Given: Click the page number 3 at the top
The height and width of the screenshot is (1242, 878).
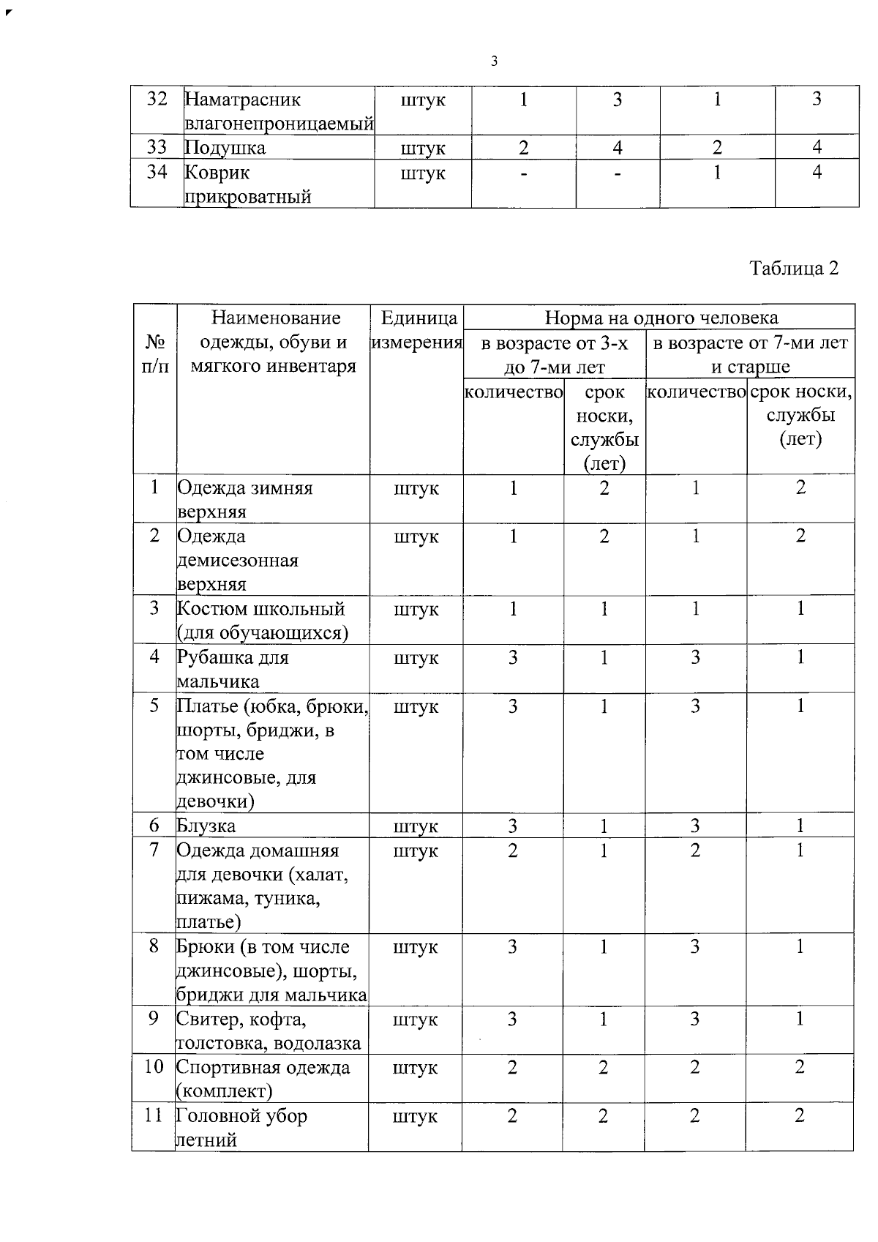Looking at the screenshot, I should click(495, 61).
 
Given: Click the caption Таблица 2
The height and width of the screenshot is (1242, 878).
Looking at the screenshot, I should click(794, 269).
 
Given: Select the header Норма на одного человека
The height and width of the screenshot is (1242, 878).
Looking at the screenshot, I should click(661, 318).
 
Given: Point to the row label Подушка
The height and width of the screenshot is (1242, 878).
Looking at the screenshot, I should click(225, 148).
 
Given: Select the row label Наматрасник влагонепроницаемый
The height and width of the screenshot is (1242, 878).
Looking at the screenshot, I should click(278, 111).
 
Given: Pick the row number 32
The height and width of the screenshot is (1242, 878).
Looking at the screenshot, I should click(157, 100).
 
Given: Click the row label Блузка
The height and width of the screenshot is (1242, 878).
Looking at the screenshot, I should click(206, 826).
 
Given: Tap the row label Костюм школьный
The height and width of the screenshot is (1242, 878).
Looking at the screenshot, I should click(262, 621).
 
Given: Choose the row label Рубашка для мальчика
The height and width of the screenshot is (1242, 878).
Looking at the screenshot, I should click(233, 669).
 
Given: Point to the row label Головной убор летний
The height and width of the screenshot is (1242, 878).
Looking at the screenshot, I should click(241, 1128).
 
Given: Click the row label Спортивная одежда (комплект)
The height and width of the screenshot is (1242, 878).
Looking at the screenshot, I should click(263, 1079).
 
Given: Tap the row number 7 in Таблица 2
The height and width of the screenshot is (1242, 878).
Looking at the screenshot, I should click(154, 850).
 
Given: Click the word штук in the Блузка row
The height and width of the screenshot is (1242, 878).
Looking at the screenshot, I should click(416, 827).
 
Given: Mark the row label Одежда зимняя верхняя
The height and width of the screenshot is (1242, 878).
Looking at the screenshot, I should click(244, 499).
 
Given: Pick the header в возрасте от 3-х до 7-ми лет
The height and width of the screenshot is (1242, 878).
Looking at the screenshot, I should click(555, 354).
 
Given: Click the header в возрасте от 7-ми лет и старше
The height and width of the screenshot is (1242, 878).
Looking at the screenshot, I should click(751, 354).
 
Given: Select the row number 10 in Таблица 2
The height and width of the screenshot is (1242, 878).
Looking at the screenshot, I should click(154, 1067).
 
